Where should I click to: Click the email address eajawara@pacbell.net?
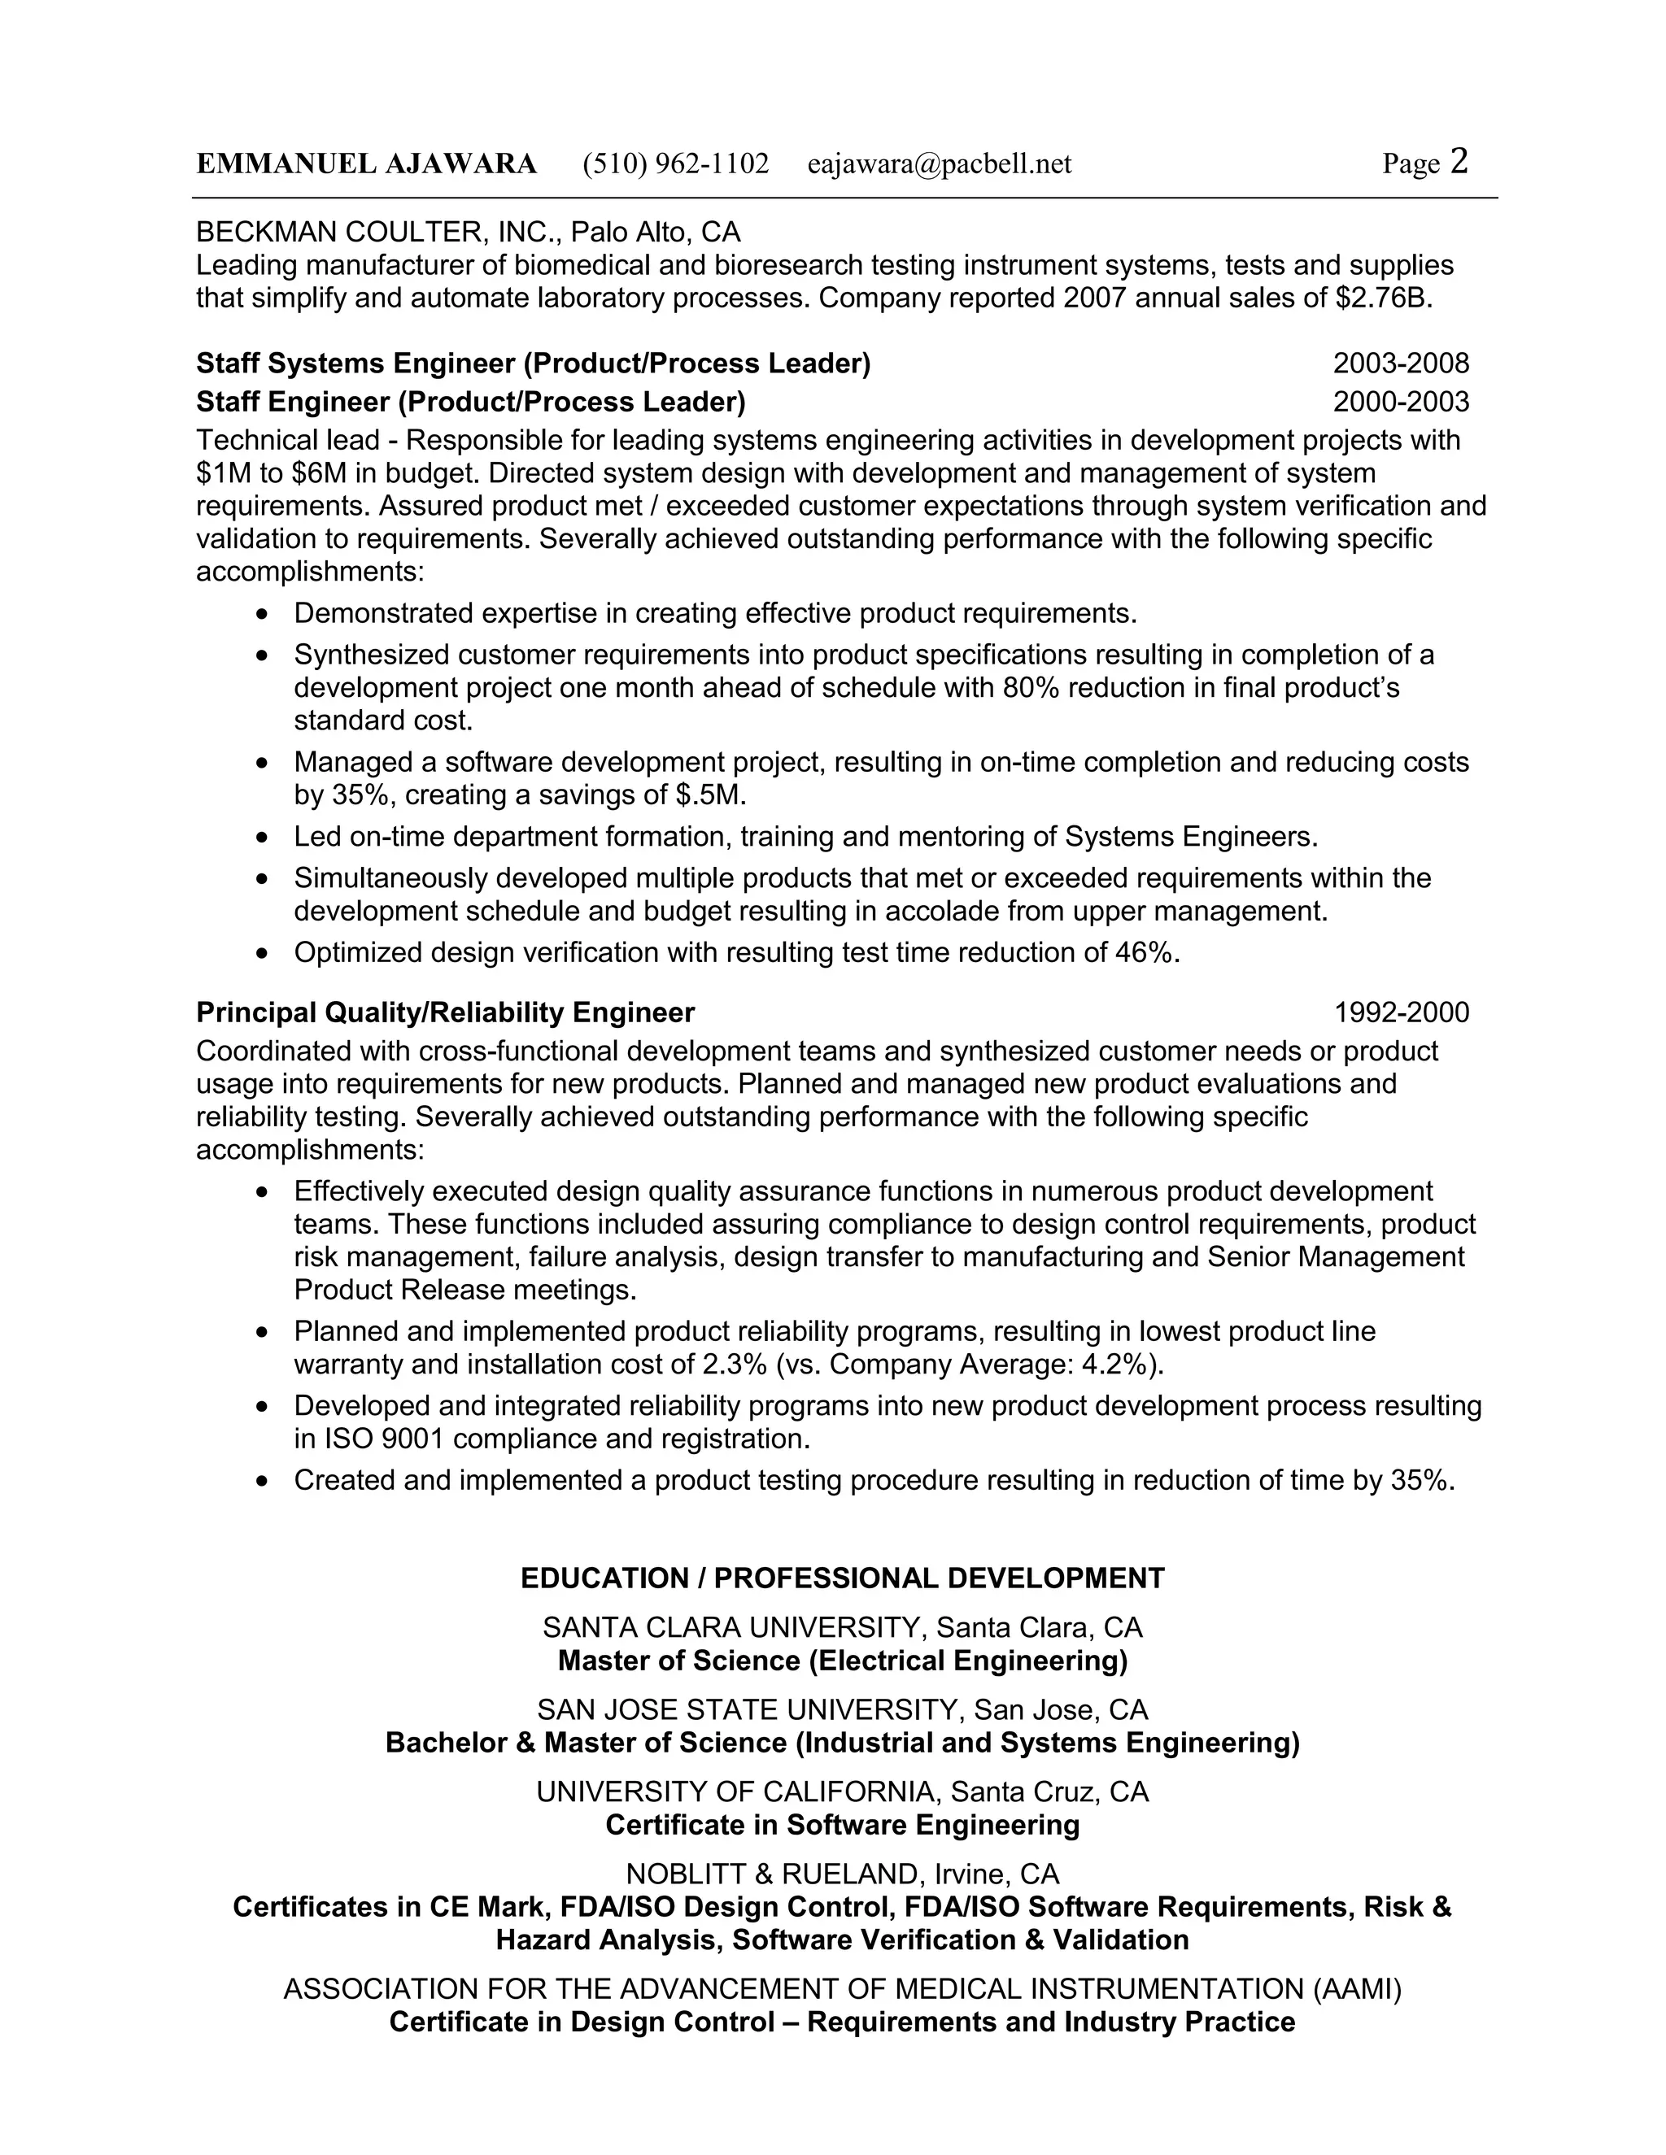click(939, 163)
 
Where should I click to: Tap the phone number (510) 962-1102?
click(675, 163)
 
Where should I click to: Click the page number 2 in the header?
click(1459, 161)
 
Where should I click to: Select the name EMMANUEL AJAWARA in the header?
click(366, 163)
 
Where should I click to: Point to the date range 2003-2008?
click(1401, 364)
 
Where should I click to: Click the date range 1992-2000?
click(1401, 1012)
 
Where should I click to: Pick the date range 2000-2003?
click(1401, 403)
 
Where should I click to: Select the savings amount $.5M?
click(711, 795)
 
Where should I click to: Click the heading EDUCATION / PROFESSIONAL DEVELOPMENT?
click(842, 1578)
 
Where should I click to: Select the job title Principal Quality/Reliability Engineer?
click(445, 1012)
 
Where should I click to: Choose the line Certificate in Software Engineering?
click(842, 1826)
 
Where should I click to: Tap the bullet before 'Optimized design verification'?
click(262, 954)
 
